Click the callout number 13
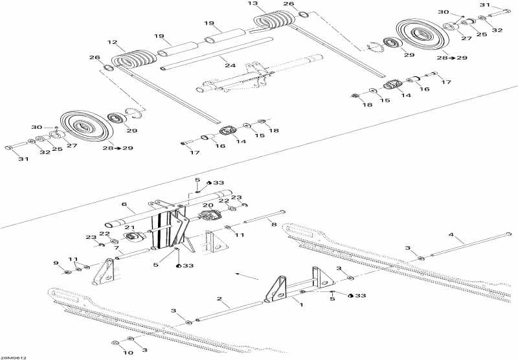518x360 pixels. pyautogui.click(x=252, y=3)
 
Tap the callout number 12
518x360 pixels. pyautogui.click(x=112, y=42)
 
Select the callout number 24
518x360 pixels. pyautogui.click(x=231, y=65)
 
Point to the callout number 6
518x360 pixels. pyautogui.click(x=124, y=204)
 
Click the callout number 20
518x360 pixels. pyautogui.click(x=208, y=205)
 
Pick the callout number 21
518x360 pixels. pyautogui.click(x=129, y=227)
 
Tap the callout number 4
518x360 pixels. pyautogui.click(x=451, y=235)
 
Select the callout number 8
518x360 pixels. pyautogui.click(x=273, y=225)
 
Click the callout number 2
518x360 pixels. pyautogui.click(x=220, y=299)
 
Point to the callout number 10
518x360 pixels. pyautogui.click(x=128, y=353)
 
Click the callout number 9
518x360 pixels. pyautogui.click(x=56, y=264)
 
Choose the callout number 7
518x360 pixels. pyautogui.click(x=117, y=248)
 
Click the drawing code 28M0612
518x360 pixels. pyautogui.click(x=14, y=357)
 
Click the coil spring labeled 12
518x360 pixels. pyautogui.click(x=134, y=60)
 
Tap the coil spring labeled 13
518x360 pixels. pyautogui.click(x=274, y=19)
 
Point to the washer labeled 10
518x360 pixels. pyautogui.click(x=116, y=343)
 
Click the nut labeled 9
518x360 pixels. pyautogui.click(x=67, y=272)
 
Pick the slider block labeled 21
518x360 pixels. pyautogui.click(x=135, y=236)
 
